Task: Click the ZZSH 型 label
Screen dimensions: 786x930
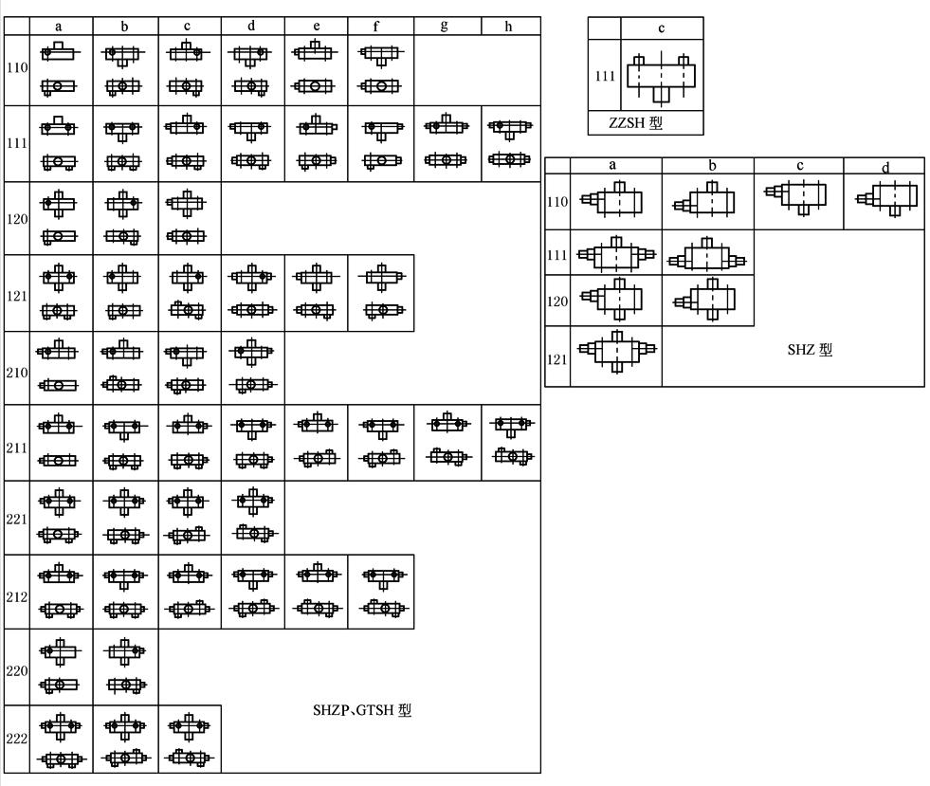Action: [645, 123]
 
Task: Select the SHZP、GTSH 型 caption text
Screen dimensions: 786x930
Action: [363, 710]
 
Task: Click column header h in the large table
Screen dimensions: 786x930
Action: [509, 27]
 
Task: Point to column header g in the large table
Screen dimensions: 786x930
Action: [445, 27]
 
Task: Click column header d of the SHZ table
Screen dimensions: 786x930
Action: [884, 166]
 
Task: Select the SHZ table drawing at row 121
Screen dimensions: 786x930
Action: [615, 349]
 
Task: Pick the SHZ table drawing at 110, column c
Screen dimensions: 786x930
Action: [798, 197]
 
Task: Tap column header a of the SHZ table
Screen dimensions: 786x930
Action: [613, 165]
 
